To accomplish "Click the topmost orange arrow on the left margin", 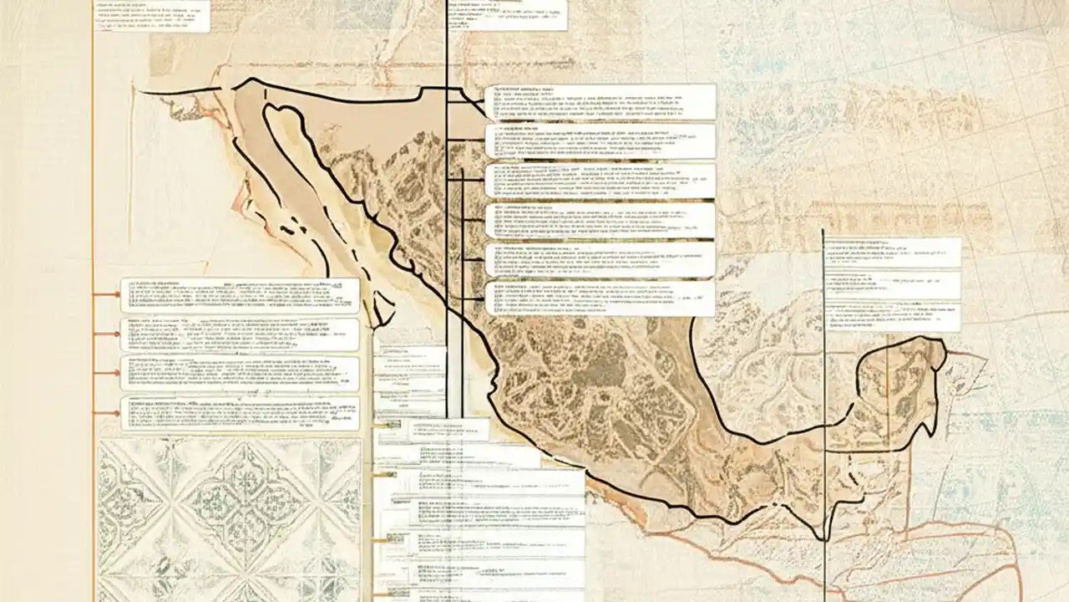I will pyautogui.click(x=106, y=294).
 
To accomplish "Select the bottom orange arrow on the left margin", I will pyautogui.click(x=106, y=413).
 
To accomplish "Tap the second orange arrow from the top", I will pyautogui.click(x=106, y=334).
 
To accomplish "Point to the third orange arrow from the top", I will pyautogui.click(x=106, y=373).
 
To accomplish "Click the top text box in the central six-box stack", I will pyautogui.click(x=600, y=101).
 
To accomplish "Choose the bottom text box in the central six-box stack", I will pyautogui.click(x=600, y=298).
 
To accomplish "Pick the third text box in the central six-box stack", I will pyautogui.click(x=600, y=181).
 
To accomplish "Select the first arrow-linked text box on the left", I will pyautogui.click(x=240, y=295).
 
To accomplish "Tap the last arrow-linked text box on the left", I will pyautogui.click(x=240, y=413).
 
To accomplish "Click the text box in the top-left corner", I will pyautogui.click(x=150, y=15).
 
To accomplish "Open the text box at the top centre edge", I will pyautogui.click(x=508, y=14).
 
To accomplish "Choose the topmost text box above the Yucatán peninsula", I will pyautogui.click(x=892, y=253).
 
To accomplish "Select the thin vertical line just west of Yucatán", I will pyautogui.click(x=823, y=376).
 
